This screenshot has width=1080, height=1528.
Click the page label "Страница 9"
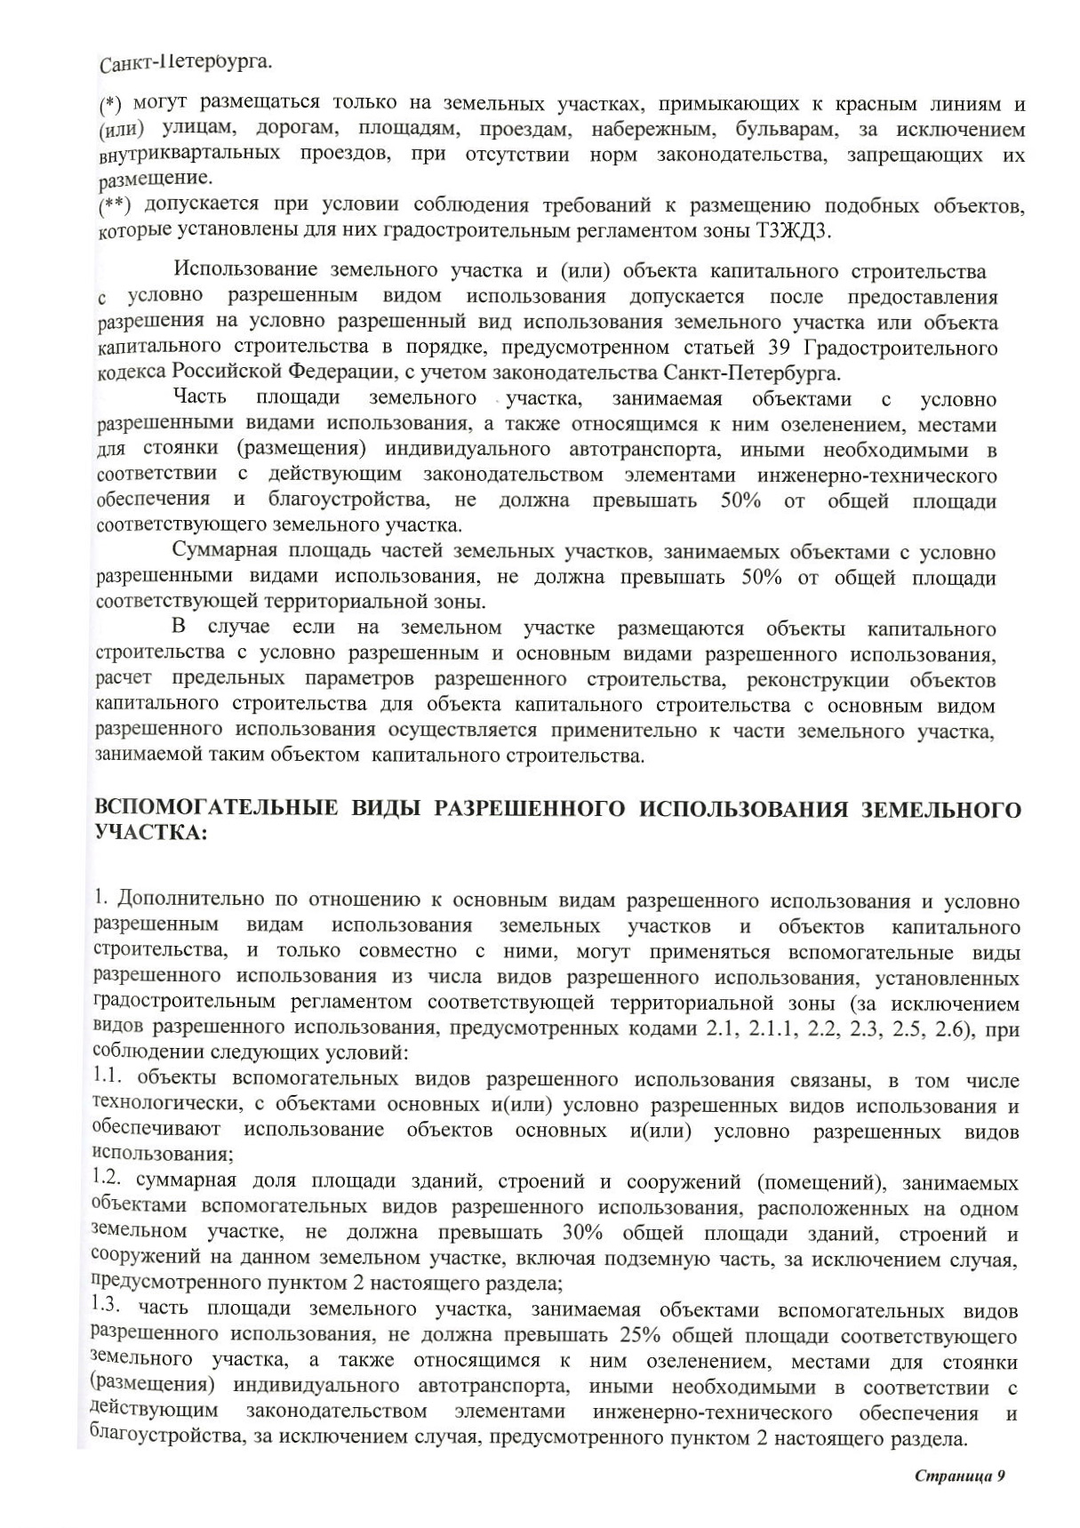(x=959, y=1475)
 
